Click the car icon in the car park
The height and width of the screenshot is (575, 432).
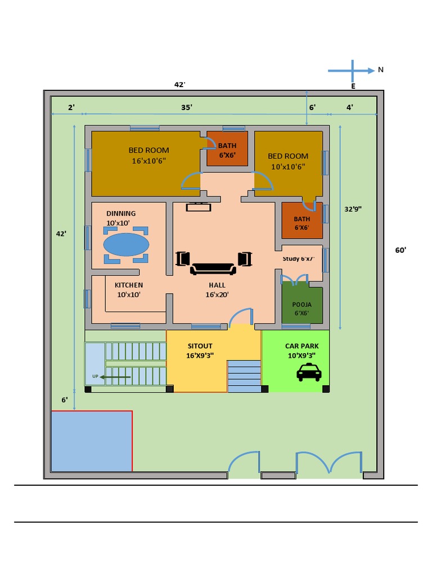(x=309, y=372)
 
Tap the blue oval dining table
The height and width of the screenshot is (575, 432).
(x=127, y=245)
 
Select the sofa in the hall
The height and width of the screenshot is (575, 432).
(x=213, y=268)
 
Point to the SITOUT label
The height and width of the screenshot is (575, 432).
(x=200, y=346)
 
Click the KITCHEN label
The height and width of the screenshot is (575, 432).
(x=129, y=285)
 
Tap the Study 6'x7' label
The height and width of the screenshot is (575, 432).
(x=298, y=259)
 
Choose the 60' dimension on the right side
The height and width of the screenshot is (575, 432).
(x=400, y=250)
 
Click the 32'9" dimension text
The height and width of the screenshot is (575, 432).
(x=353, y=209)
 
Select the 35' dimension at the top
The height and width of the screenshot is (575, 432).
(x=187, y=107)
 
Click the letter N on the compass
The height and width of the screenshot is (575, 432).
(x=381, y=70)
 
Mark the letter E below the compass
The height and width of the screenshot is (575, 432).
(x=353, y=86)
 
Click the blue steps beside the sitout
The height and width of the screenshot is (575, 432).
(x=244, y=376)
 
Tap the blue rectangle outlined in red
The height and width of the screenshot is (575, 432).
(x=92, y=441)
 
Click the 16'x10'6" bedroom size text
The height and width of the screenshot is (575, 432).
(x=149, y=161)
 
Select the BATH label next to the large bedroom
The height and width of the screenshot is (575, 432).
(x=227, y=145)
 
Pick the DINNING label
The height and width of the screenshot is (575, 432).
(x=121, y=213)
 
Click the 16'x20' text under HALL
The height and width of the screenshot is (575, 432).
(x=217, y=294)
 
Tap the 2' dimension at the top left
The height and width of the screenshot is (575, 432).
(x=71, y=107)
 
